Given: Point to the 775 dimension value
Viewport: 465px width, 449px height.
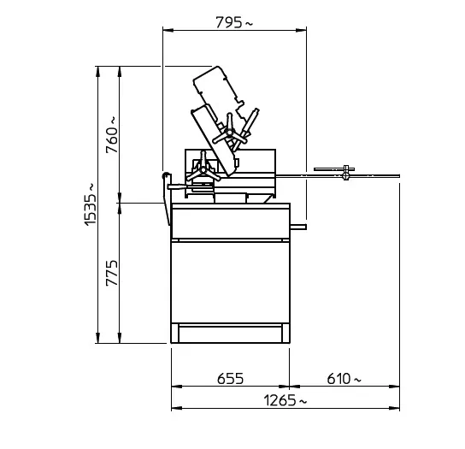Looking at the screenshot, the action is tap(112, 273).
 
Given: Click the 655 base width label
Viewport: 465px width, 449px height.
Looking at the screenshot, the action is tap(231, 379).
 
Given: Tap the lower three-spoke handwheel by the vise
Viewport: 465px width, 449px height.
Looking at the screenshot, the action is tap(203, 170).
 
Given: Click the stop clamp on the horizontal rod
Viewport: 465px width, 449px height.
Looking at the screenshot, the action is tap(346, 172).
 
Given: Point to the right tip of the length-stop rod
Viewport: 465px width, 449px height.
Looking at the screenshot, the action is tap(399, 176).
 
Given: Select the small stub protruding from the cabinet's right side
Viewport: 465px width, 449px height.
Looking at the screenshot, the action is tap(298, 227).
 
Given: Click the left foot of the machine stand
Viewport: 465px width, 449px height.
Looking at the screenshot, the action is tap(175, 334).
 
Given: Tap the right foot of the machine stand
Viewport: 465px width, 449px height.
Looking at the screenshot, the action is tap(285, 334).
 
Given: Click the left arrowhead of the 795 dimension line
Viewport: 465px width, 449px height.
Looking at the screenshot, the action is tap(168, 30).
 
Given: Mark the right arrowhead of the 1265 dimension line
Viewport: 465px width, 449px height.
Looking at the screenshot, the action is tap(394, 408).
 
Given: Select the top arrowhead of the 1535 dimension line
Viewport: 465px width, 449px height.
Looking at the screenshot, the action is tap(97, 72).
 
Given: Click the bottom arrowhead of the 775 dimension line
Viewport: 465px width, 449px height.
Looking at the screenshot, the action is tap(120, 338).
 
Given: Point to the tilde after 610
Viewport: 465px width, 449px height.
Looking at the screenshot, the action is tap(357, 380).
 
